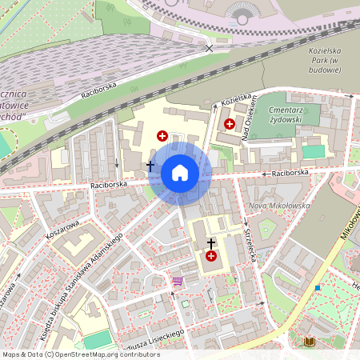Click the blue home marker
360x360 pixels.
coord(180,172)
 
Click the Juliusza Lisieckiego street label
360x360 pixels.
coord(152,338)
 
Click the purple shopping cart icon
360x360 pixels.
coord(177,282)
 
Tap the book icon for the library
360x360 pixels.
coord(308,342)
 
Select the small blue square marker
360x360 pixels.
coord(318,287)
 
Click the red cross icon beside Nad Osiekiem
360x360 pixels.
coord(230,124)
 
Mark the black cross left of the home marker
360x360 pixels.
coord(150,166)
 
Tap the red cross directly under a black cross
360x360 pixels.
coord(211,256)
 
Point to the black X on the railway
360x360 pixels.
coord(210,49)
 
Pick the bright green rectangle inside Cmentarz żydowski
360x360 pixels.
coord(314,151)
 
